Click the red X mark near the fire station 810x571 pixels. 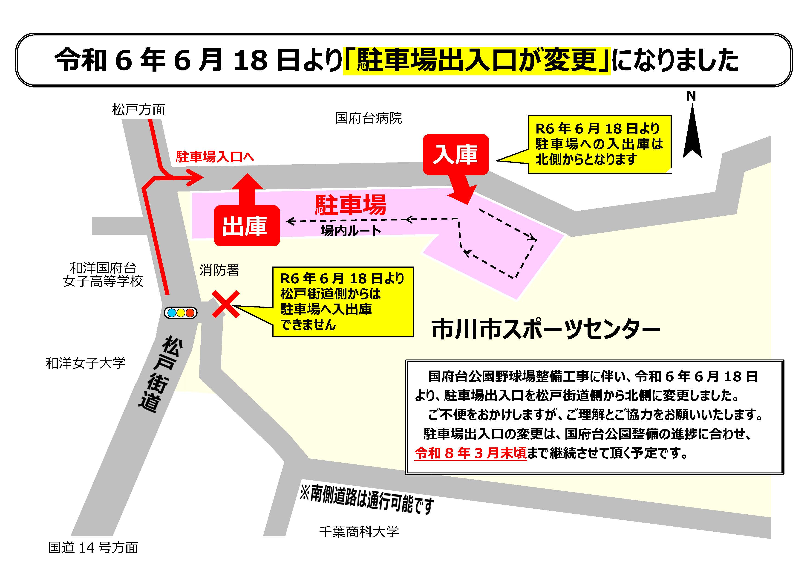[x=225, y=304]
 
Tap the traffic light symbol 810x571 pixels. [x=181, y=313]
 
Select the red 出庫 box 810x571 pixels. [x=247, y=226]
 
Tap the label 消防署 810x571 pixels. [x=219, y=270]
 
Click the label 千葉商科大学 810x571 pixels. [x=359, y=531]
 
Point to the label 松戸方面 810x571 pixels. [x=138, y=110]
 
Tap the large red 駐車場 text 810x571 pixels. [x=350, y=205]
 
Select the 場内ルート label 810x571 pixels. [x=351, y=231]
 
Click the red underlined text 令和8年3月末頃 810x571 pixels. [x=470, y=453]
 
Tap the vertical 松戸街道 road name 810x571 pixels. [x=161, y=374]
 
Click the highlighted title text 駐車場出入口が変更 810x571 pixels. [x=476, y=60]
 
